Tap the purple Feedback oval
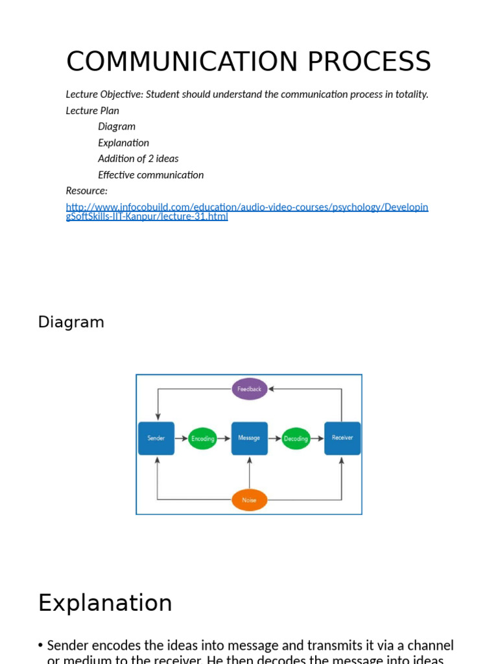(249, 389)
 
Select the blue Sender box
(156, 438)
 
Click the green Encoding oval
(202, 439)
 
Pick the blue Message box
(249, 438)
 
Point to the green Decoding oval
(296, 439)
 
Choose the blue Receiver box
(342, 438)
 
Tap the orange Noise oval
(249, 500)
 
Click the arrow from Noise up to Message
(249, 472)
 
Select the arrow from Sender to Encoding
(181, 438)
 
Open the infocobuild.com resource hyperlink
(246, 207)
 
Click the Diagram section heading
(71, 322)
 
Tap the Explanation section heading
(105, 603)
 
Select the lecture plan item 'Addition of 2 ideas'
(138, 159)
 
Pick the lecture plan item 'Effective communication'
(150, 175)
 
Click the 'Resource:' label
(87, 191)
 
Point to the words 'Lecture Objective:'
(104, 95)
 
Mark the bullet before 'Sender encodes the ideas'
(41, 646)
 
